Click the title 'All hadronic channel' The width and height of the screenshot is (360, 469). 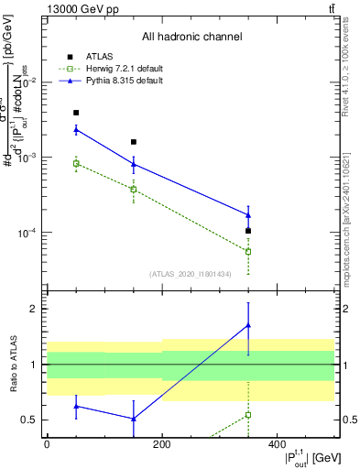[191, 37]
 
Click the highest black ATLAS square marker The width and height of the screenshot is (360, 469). [76, 113]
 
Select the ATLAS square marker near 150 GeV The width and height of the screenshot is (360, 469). [134, 142]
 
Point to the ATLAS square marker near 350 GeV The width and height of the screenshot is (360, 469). [248, 231]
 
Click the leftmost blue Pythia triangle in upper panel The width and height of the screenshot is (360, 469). [76, 129]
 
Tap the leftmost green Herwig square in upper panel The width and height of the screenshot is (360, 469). [76, 163]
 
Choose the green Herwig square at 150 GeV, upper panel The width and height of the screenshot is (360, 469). [134, 190]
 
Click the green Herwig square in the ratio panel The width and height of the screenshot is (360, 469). [248, 415]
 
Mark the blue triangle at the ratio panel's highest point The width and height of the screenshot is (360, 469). [248, 325]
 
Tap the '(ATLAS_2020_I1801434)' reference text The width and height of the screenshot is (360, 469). [191, 273]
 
